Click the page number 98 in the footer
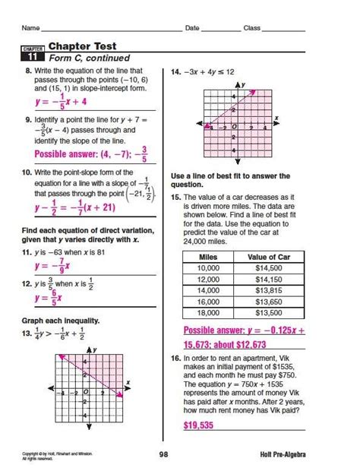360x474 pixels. [x=163, y=455]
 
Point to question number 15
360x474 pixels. [x=175, y=196]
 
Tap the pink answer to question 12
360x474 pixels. [x=52, y=299]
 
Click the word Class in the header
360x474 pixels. [x=251, y=28]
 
